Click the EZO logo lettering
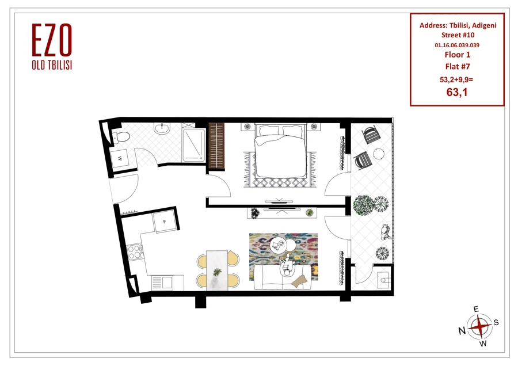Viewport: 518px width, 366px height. pyautogui.click(x=52, y=40)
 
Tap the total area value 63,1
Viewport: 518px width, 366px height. pyautogui.click(x=457, y=92)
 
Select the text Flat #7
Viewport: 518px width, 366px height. pyautogui.click(x=457, y=66)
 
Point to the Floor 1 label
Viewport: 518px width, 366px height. pyautogui.click(x=457, y=55)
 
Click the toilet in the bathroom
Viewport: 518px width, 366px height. pyautogui.click(x=120, y=136)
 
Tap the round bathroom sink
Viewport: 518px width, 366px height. pyautogui.click(x=162, y=128)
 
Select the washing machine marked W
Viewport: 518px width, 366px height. pyautogui.click(x=120, y=159)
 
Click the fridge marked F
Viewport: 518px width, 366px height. pyautogui.click(x=164, y=222)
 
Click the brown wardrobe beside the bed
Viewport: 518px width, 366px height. pyautogui.click(x=216, y=146)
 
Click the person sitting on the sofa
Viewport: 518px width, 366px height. pyautogui.click(x=287, y=266)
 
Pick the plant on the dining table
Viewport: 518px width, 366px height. pyautogui.click(x=217, y=272)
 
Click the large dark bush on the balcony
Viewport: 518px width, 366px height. pyautogui.click(x=364, y=205)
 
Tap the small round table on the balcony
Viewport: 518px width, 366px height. pyautogui.click(x=379, y=154)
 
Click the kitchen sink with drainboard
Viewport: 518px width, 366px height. pyautogui.click(x=162, y=283)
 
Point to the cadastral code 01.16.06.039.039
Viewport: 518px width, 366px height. pyautogui.click(x=457, y=45)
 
